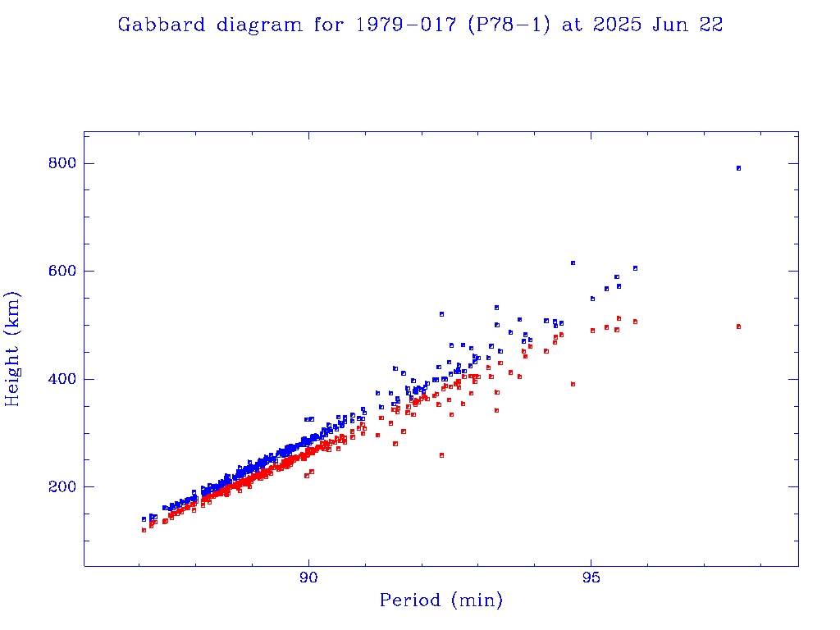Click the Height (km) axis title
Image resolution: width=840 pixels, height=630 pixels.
coord(13,349)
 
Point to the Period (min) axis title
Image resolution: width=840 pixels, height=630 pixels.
coord(441,600)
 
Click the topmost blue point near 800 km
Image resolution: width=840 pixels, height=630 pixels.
coord(738,168)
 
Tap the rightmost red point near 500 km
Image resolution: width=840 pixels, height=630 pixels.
coord(738,326)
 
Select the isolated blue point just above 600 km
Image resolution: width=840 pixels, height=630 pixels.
coord(573,262)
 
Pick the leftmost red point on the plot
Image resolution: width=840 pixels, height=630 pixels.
coord(144,530)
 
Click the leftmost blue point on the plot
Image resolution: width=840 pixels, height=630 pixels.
coord(144,519)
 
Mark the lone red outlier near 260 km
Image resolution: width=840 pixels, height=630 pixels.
coord(441,455)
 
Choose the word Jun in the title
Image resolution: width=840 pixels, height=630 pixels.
coord(671,25)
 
